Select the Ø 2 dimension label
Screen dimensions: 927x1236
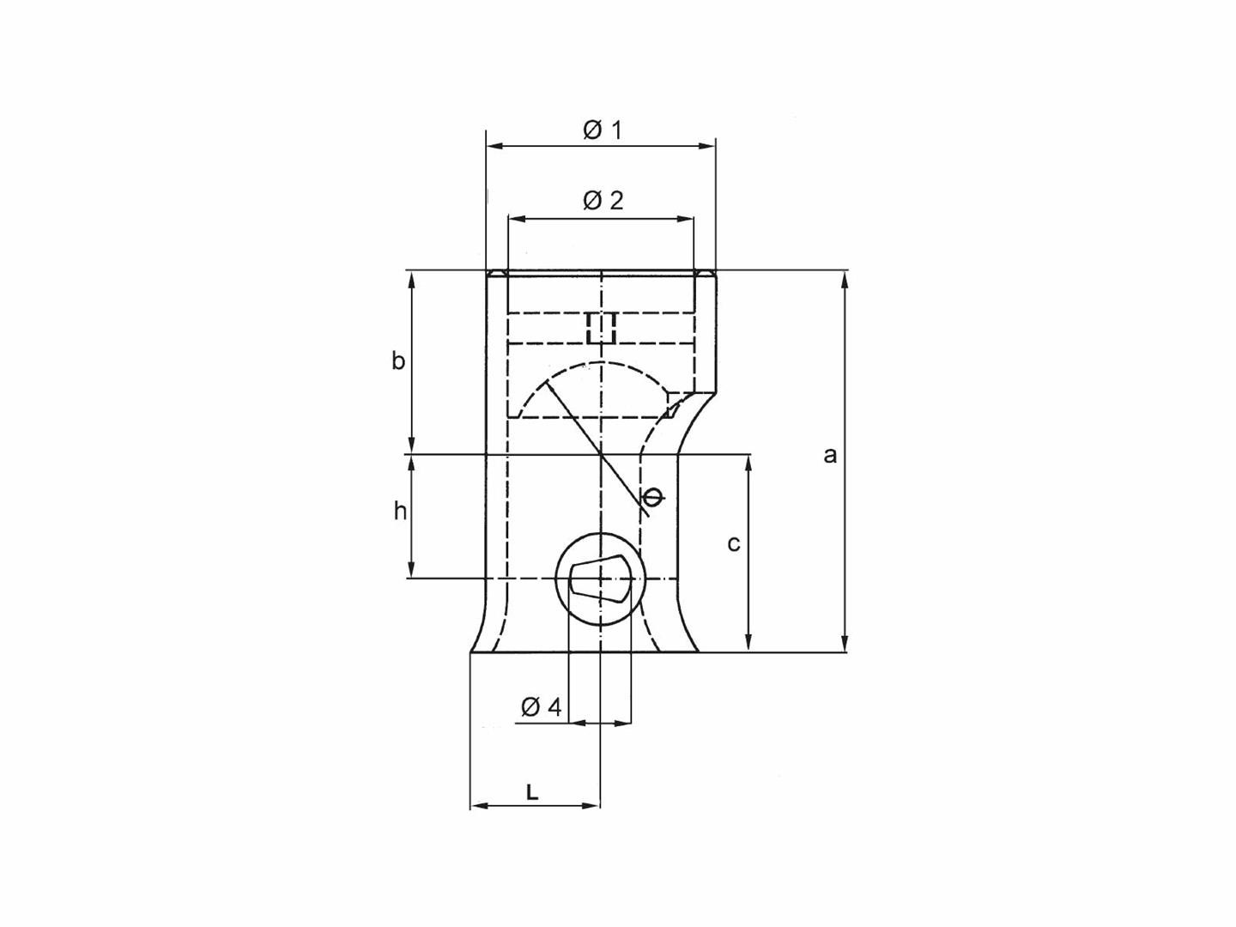pos(603,201)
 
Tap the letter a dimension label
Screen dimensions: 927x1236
pos(829,455)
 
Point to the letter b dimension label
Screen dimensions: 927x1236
pos(398,361)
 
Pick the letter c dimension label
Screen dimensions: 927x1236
pos(733,543)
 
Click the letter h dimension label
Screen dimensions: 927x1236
pos(400,512)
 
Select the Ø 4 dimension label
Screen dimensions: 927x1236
pos(541,707)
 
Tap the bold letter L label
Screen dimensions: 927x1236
pos(532,792)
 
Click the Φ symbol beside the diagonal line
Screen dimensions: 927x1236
pos(652,497)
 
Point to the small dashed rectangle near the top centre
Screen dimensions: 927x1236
pos(602,327)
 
